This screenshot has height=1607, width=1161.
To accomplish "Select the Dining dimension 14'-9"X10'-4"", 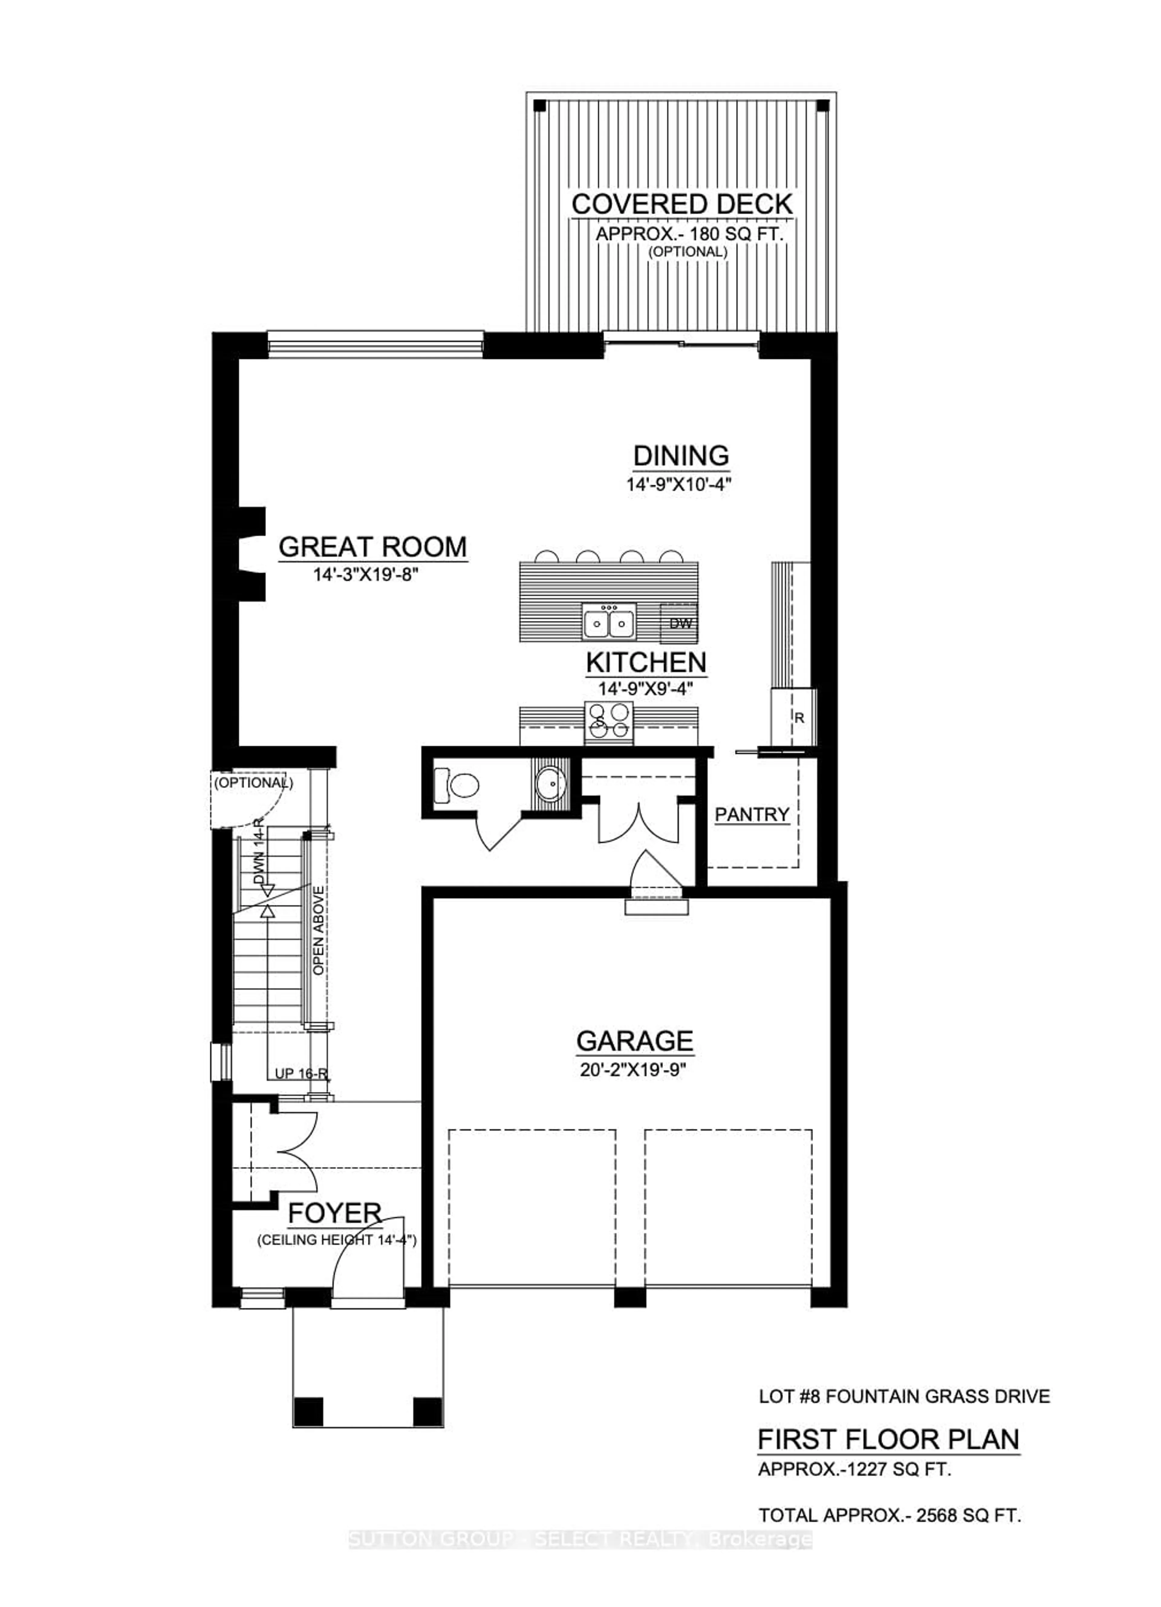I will click(678, 485).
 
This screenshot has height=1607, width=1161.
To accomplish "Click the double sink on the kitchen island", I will click(609, 623).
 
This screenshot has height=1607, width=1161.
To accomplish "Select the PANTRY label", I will click(752, 815).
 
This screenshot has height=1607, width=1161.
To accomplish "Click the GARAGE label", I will click(634, 1041).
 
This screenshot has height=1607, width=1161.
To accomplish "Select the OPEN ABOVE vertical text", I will click(319, 930).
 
